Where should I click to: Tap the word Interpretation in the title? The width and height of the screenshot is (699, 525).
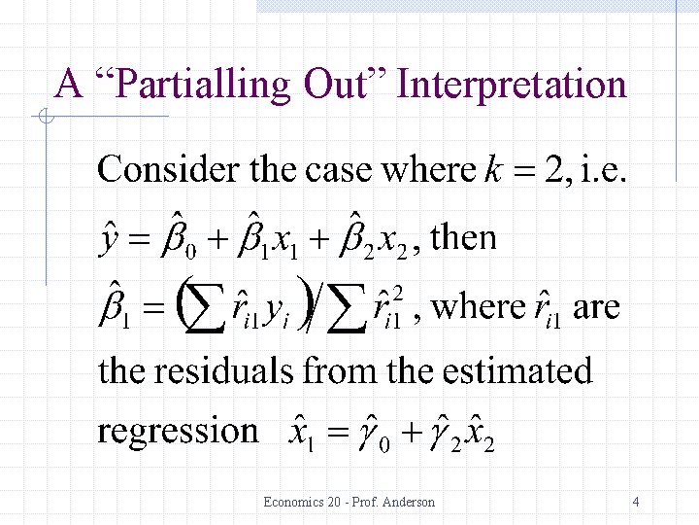click(513, 85)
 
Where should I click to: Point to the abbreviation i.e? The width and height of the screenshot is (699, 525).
click(603, 171)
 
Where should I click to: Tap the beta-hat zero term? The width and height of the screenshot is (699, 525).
click(179, 239)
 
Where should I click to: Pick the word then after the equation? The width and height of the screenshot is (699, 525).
click(462, 237)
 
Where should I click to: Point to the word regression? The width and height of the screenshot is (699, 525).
click(178, 431)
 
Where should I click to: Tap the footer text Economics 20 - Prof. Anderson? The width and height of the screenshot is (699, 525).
click(349, 502)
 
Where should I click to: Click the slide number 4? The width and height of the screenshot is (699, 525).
click(635, 502)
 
